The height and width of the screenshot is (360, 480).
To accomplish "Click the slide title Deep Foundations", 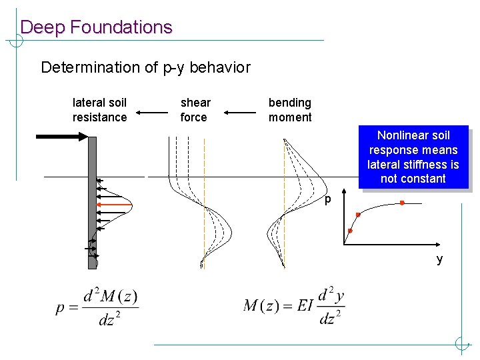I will (x=96, y=27).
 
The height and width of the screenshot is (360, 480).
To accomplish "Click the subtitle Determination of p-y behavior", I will (x=145, y=67).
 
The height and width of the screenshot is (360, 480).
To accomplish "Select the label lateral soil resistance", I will (x=99, y=110).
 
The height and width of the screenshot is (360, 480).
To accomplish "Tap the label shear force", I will (x=195, y=110).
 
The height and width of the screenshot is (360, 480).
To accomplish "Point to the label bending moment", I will (x=290, y=110).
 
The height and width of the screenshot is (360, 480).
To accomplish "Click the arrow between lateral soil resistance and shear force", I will (x=153, y=113).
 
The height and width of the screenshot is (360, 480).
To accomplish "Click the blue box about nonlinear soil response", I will (x=413, y=157).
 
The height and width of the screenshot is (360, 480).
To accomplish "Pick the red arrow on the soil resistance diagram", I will (x=113, y=202).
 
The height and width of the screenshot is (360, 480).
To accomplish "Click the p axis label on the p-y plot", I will (x=328, y=199).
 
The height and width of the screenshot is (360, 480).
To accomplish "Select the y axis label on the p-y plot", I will (x=439, y=259).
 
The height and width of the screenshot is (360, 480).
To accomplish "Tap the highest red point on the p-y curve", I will (x=402, y=203).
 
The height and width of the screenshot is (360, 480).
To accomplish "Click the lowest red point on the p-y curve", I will (x=350, y=231).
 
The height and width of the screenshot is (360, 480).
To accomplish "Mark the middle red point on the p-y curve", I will (x=358, y=215).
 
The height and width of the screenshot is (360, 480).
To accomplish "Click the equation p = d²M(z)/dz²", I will (x=97, y=307).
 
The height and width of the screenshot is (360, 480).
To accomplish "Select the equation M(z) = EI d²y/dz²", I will (x=294, y=306).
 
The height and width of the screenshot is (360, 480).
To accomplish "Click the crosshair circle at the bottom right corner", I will (x=461, y=344).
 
